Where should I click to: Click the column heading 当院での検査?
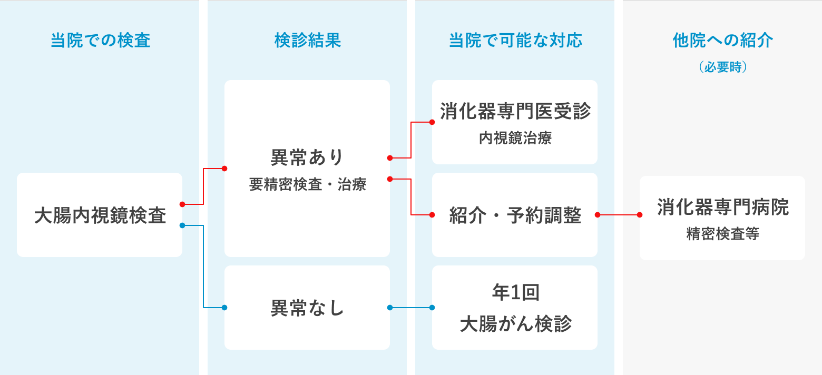tap(100, 41)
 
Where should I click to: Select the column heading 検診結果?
tap(307, 41)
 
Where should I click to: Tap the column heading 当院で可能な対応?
tap(515, 41)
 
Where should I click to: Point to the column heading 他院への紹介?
tap(722, 41)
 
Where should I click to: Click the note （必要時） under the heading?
tap(722, 67)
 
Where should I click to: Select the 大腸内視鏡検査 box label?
tap(100, 215)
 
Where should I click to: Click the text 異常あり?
tap(307, 157)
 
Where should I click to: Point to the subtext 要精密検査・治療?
tap(307, 185)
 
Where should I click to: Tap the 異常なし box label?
tap(307, 308)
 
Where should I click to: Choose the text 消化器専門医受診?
tap(515, 112)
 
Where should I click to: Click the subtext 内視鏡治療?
tap(515, 139)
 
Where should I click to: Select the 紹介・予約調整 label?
tap(515, 215)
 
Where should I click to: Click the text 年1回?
tap(515, 293)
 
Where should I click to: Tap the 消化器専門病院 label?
tap(722, 208)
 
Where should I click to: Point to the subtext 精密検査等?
tap(722, 234)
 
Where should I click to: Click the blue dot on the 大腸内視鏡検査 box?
tap(182, 225)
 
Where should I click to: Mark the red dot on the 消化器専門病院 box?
tap(640, 215)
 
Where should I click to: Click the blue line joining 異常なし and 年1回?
tap(411, 308)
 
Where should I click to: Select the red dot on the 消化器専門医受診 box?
tap(432, 122)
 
